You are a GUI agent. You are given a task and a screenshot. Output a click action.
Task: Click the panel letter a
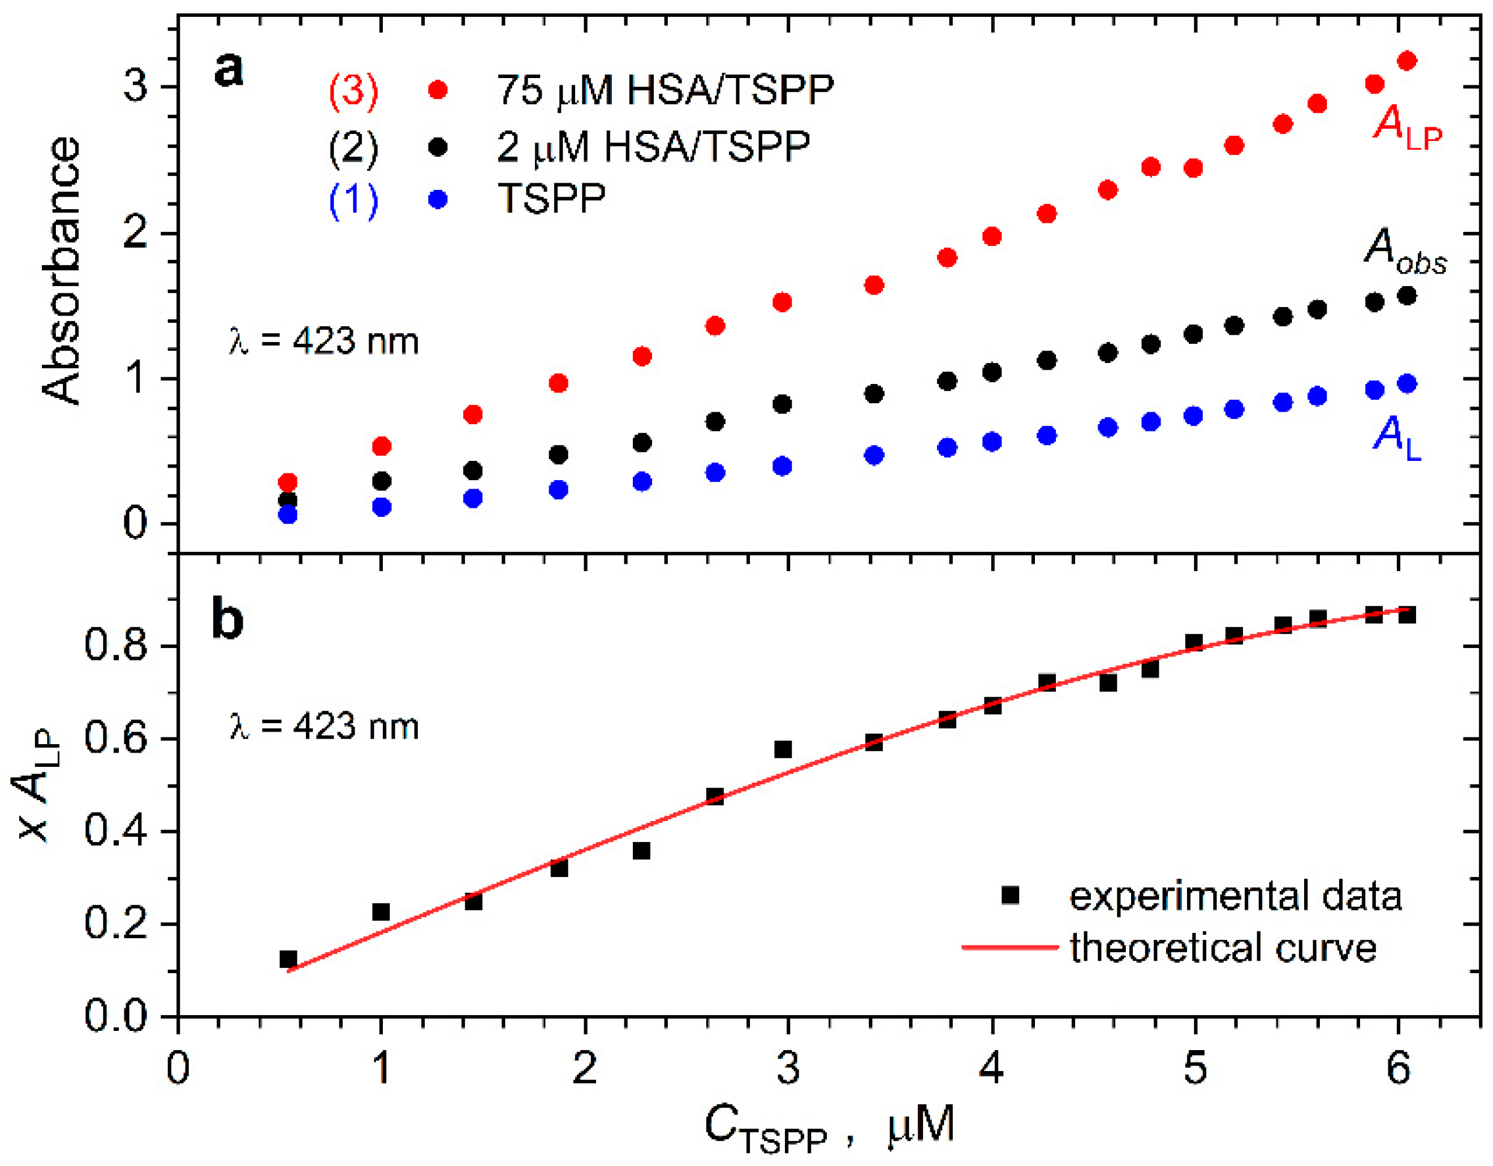228,69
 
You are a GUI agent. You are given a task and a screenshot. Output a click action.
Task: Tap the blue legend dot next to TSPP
438,200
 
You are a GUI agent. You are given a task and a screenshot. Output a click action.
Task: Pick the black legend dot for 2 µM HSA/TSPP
438,147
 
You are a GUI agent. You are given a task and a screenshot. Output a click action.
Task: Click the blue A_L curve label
1397,438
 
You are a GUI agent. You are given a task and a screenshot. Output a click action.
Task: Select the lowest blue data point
288,515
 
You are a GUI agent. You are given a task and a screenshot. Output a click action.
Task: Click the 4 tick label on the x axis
991,1068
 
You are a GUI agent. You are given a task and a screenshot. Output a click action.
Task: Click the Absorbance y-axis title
62,270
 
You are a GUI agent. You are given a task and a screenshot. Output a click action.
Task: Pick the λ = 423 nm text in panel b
324,727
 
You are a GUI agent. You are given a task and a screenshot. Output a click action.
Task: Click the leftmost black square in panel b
288,959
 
